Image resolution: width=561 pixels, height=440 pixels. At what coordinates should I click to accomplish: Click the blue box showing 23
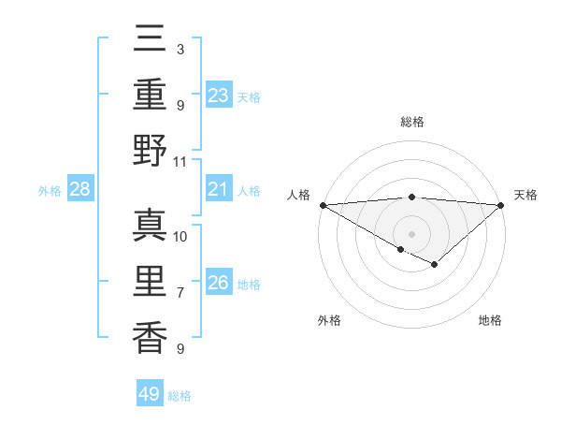coord(219,95)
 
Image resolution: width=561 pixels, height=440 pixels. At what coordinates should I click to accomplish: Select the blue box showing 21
coord(219,190)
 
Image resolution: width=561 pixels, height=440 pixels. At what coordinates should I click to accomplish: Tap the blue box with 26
coord(219,283)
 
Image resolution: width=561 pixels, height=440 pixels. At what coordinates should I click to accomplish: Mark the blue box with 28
coord(80,190)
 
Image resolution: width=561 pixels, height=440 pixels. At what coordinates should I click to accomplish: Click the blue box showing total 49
coord(150,394)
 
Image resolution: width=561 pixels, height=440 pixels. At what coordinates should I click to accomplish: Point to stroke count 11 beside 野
coord(180,162)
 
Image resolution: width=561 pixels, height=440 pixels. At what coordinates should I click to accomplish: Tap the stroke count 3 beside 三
coord(180,49)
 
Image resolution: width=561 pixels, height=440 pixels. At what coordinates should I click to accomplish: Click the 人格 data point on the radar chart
coord(323,205)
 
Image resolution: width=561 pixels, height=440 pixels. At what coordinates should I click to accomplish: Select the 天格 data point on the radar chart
coord(501,205)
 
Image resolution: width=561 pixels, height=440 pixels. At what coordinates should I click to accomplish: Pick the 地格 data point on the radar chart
coord(435,266)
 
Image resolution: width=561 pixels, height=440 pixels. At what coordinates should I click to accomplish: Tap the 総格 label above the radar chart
coord(412,122)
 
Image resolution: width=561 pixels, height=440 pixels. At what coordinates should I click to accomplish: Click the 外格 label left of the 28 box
coord(50,191)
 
